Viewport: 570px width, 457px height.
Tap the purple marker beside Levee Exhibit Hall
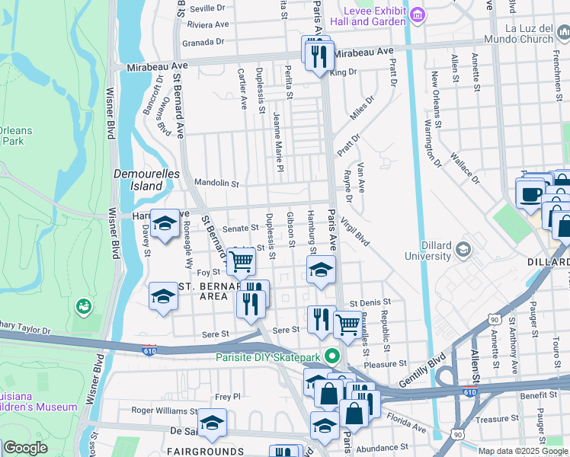[417, 15]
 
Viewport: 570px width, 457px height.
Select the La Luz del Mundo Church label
[517, 34]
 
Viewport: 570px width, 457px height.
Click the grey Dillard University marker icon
[463, 250]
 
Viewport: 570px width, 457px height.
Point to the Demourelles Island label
[146, 179]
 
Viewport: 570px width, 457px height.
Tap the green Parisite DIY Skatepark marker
[331, 356]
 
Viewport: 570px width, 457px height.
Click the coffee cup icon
[530, 192]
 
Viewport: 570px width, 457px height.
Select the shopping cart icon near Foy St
[242, 261]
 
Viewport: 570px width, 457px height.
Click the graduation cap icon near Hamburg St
[321, 270]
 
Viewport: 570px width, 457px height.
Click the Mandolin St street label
[217, 184]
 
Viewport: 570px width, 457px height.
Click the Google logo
[25, 448]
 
